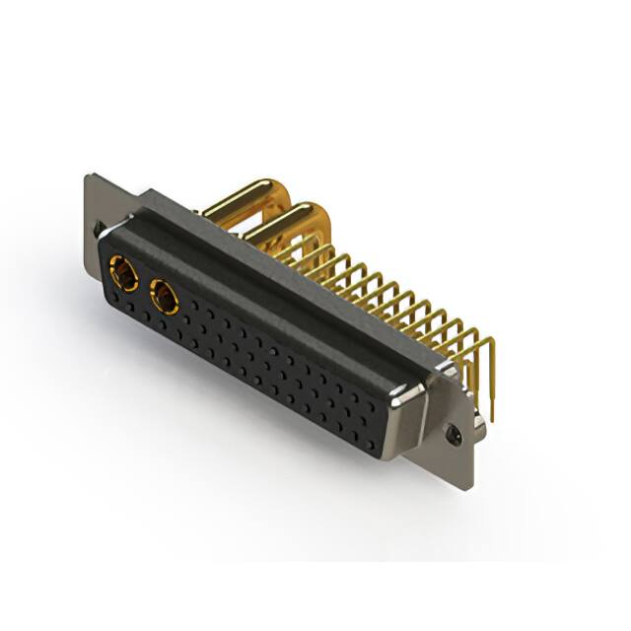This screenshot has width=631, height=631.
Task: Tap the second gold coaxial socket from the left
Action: (x=162, y=295)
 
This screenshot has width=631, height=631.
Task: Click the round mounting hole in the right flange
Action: (x=455, y=433)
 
